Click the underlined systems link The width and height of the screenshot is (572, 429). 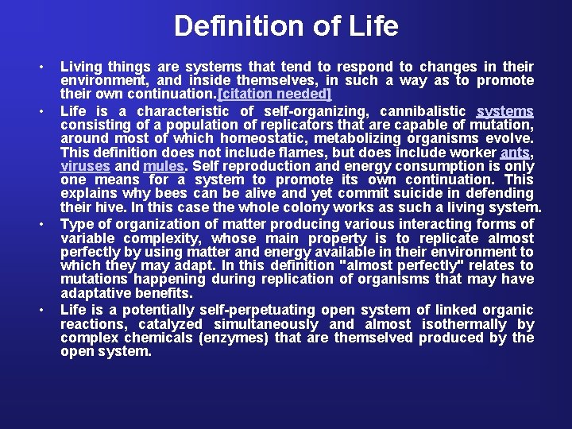[x=505, y=111]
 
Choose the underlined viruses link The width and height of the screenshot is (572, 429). [x=86, y=167]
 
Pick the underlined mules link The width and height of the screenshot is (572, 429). [x=163, y=167]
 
